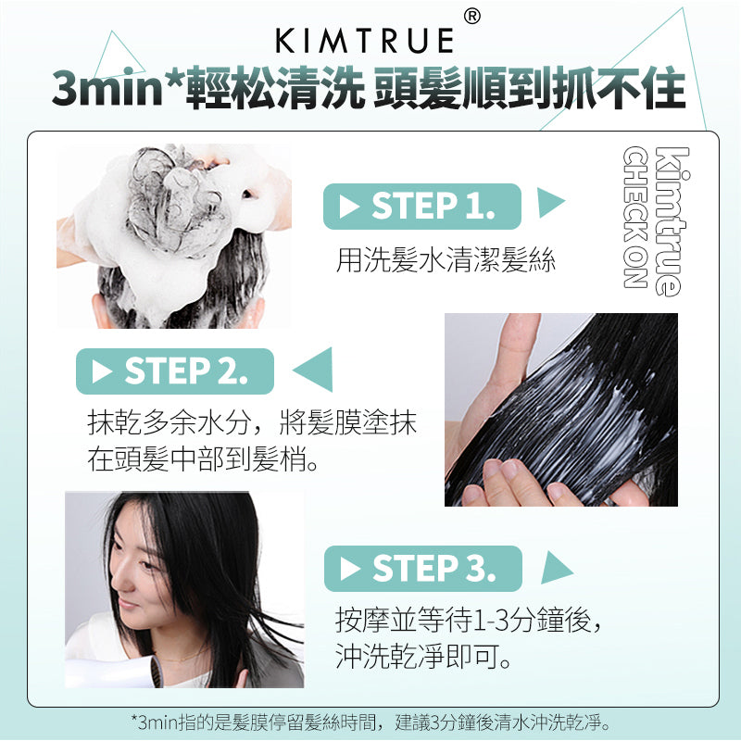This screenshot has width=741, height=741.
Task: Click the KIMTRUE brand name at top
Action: pyautogui.click(x=364, y=41)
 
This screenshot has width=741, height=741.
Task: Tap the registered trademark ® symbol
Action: pyautogui.click(x=472, y=17)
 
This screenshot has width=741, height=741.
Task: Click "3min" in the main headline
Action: pyautogui.click(x=107, y=88)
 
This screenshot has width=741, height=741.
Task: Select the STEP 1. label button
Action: pyautogui.click(x=422, y=207)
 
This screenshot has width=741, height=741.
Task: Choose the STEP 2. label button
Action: pyautogui.click(x=175, y=371)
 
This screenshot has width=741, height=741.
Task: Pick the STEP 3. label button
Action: pyautogui.click(x=423, y=569)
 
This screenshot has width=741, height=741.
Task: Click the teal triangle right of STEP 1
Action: pyautogui.click(x=549, y=202)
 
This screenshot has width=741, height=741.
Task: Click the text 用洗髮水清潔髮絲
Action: pyautogui.click(x=446, y=260)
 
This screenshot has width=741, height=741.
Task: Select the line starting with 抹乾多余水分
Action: pyautogui.click(x=252, y=422)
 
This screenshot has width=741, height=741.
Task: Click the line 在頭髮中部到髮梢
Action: pyautogui.click(x=203, y=458)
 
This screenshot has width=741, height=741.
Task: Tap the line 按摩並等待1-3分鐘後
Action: pyautogui.click(x=468, y=620)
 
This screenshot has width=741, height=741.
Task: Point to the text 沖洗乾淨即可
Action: pyautogui.click(x=423, y=657)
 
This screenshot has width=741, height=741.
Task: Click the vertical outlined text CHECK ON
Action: pyautogui.click(x=634, y=218)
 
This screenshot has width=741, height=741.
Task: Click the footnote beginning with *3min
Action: pyautogui.click(x=370, y=722)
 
